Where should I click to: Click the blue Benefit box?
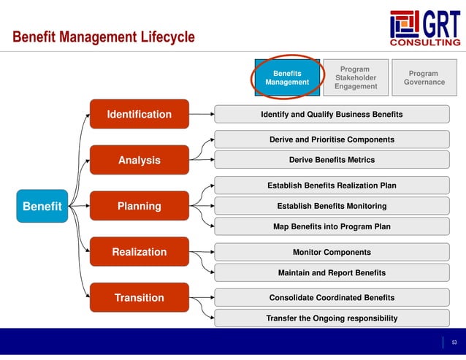click(x=42, y=206)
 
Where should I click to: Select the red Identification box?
click(x=139, y=114)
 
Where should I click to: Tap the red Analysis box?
click(x=139, y=160)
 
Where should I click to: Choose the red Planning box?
click(x=139, y=206)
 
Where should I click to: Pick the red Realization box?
click(x=139, y=252)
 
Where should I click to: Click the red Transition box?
click(x=139, y=297)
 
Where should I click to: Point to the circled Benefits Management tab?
click(x=287, y=77)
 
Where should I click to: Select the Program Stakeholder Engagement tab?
click(x=355, y=77)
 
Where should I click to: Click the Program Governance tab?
click(x=424, y=77)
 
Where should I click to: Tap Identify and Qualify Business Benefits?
click(x=332, y=115)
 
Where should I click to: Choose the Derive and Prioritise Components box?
click(x=332, y=139)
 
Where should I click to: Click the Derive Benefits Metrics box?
click(x=332, y=160)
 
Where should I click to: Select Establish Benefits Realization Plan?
click(x=332, y=185)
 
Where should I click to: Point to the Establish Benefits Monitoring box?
click(x=332, y=206)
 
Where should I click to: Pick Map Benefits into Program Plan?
click(x=332, y=226)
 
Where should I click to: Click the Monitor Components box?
click(x=332, y=252)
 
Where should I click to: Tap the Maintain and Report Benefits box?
click(x=332, y=272)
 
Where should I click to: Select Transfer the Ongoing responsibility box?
click(x=332, y=318)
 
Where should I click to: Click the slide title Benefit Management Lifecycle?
click(x=104, y=37)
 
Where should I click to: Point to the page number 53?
click(x=454, y=342)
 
